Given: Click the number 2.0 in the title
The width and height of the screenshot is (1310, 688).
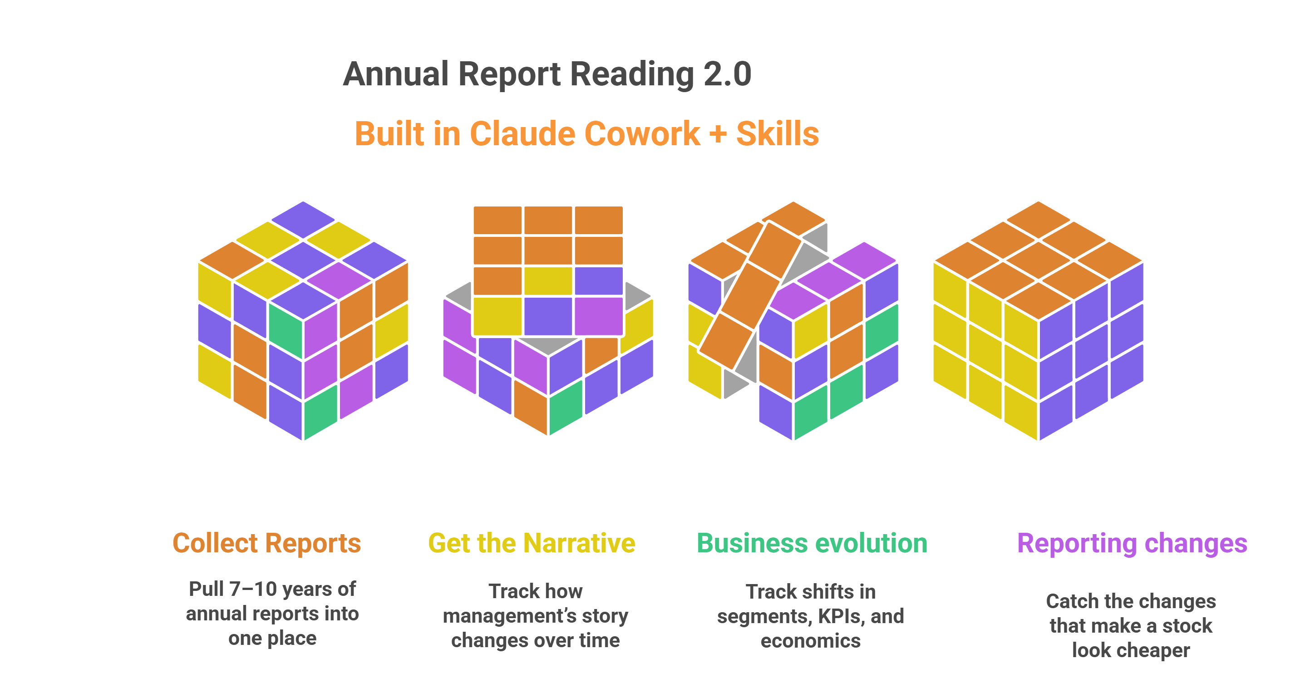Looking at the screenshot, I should [727, 74].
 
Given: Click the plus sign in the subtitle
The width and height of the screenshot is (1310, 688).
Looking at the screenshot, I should [718, 134].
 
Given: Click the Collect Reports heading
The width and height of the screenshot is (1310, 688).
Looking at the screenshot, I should [266, 543].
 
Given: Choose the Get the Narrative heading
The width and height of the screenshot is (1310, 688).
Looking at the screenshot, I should [532, 543].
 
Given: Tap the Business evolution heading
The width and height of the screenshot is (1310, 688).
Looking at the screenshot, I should [812, 543].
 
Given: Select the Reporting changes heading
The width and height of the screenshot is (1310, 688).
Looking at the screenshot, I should [1132, 543].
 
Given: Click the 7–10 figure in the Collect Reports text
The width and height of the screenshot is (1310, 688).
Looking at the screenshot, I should [253, 589].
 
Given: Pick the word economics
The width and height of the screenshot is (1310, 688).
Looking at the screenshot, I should [811, 641].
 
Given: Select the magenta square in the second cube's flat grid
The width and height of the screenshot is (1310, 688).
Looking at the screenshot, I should [599, 316].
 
